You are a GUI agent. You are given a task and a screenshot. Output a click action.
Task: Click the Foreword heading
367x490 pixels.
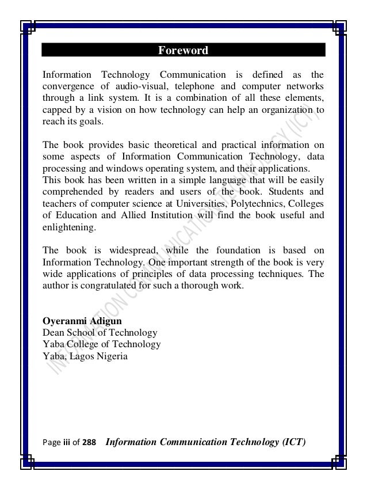click(x=183, y=51)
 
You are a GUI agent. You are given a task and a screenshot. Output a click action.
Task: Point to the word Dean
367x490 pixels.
click(x=53, y=332)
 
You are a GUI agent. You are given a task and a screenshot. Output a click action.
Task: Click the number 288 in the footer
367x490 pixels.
click(x=89, y=442)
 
